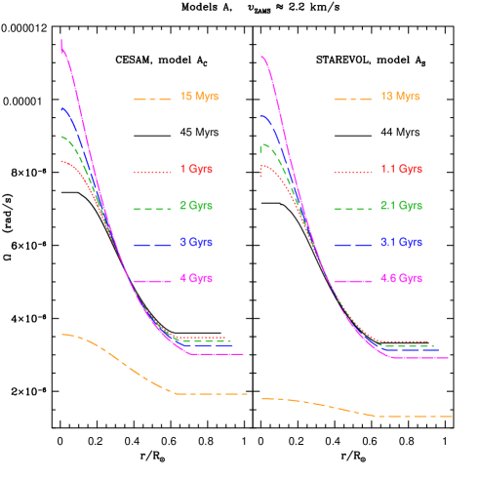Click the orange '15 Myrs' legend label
199,97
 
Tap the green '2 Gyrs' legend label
196,206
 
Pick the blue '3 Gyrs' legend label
196,242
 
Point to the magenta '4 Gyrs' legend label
196,279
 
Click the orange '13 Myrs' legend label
400,97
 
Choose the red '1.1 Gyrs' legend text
401,169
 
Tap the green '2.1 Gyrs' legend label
401,206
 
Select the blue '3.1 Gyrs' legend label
401,242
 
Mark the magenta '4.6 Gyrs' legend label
401,279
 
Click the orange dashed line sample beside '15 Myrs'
153,100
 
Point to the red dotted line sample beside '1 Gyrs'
153,172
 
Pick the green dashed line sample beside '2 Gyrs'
153,209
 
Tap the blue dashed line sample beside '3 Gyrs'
153,245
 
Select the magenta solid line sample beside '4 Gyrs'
153,281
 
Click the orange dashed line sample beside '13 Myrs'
352,100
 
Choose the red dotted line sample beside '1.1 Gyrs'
352,172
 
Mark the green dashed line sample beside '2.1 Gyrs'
352,209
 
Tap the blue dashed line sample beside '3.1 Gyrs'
352,245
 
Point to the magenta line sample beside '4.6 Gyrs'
352,281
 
